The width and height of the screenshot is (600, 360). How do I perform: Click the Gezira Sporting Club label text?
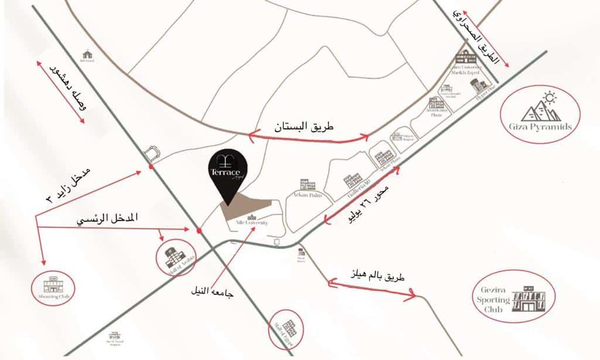(x=490, y=300)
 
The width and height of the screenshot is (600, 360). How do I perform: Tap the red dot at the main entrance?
(x=200, y=230)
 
